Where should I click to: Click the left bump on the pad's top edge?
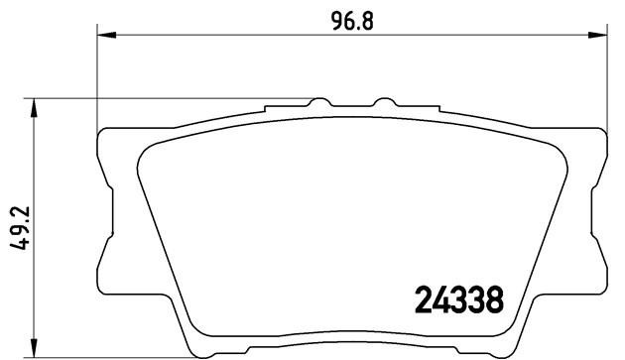click(x=318, y=103)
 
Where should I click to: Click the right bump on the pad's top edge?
click(x=382, y=103)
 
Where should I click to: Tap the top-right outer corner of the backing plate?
click(x=600, y=132)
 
